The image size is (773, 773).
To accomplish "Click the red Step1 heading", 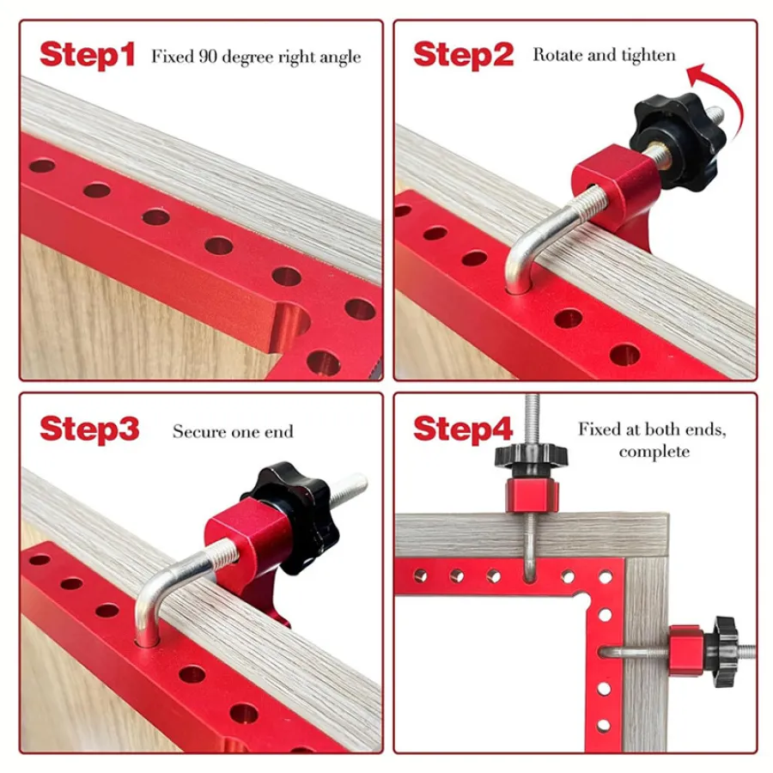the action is tap(88, 55).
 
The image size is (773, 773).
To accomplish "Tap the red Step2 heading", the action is tap(464, 55).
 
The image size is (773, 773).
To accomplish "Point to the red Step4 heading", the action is tap(463, 429).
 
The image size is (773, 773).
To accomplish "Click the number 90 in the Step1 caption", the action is tap(208, 56).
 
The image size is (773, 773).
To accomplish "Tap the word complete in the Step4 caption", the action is tap(654, 452).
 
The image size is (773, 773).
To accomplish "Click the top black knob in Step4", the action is tap(531, 460).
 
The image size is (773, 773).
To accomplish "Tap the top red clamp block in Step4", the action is tap(532, 496).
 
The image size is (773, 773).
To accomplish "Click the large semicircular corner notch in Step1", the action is tap(292, 326).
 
